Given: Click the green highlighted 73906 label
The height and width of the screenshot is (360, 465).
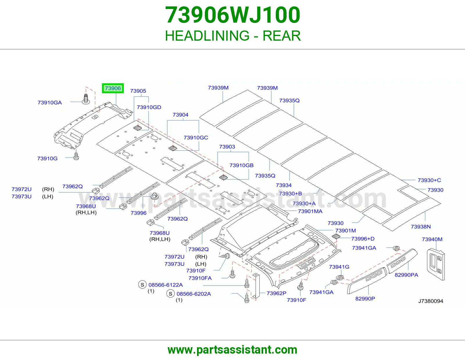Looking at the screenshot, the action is click(113, 88).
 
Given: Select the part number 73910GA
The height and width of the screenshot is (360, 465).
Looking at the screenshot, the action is click(50, 102).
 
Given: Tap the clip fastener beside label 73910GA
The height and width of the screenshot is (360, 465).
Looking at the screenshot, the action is click(86, 99).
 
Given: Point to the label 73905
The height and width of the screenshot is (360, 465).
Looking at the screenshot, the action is click(138, 91).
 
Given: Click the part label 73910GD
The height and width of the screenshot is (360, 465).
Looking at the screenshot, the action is click(149, 107).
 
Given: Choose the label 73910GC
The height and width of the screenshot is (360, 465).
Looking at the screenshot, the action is click(196, 138).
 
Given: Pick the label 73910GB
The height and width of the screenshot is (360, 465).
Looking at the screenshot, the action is click(242, 165).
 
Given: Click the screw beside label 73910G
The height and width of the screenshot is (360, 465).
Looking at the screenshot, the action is click(76, 155).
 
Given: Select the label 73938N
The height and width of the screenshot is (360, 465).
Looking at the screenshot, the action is click(421, 227).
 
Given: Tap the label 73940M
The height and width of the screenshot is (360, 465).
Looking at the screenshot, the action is click(432, 239).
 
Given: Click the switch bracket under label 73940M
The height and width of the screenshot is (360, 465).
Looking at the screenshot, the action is click(436, 264).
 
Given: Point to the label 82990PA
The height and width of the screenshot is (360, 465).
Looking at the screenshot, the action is click(406, 275).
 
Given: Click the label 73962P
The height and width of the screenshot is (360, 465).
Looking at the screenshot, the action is click(276, 293).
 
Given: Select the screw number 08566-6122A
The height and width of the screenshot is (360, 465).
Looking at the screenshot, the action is click(166, 285).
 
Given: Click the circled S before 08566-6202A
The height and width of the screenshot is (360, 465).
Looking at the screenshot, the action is click(171, 294).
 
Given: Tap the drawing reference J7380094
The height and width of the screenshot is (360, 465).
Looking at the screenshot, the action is click(430, 301).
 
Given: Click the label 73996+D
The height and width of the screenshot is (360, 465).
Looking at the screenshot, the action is click(363, 239).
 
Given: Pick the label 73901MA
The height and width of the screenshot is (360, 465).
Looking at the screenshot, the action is click(310, 211).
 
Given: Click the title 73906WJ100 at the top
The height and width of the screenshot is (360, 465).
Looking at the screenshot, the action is click(233, 15).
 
